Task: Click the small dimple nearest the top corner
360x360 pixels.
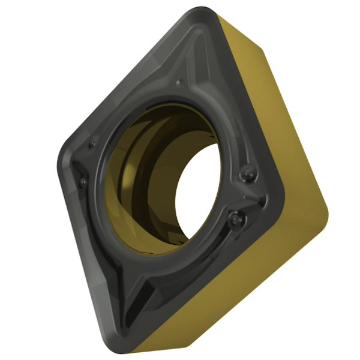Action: tap(178, 82)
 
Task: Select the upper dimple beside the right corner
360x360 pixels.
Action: tap(245, 175)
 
